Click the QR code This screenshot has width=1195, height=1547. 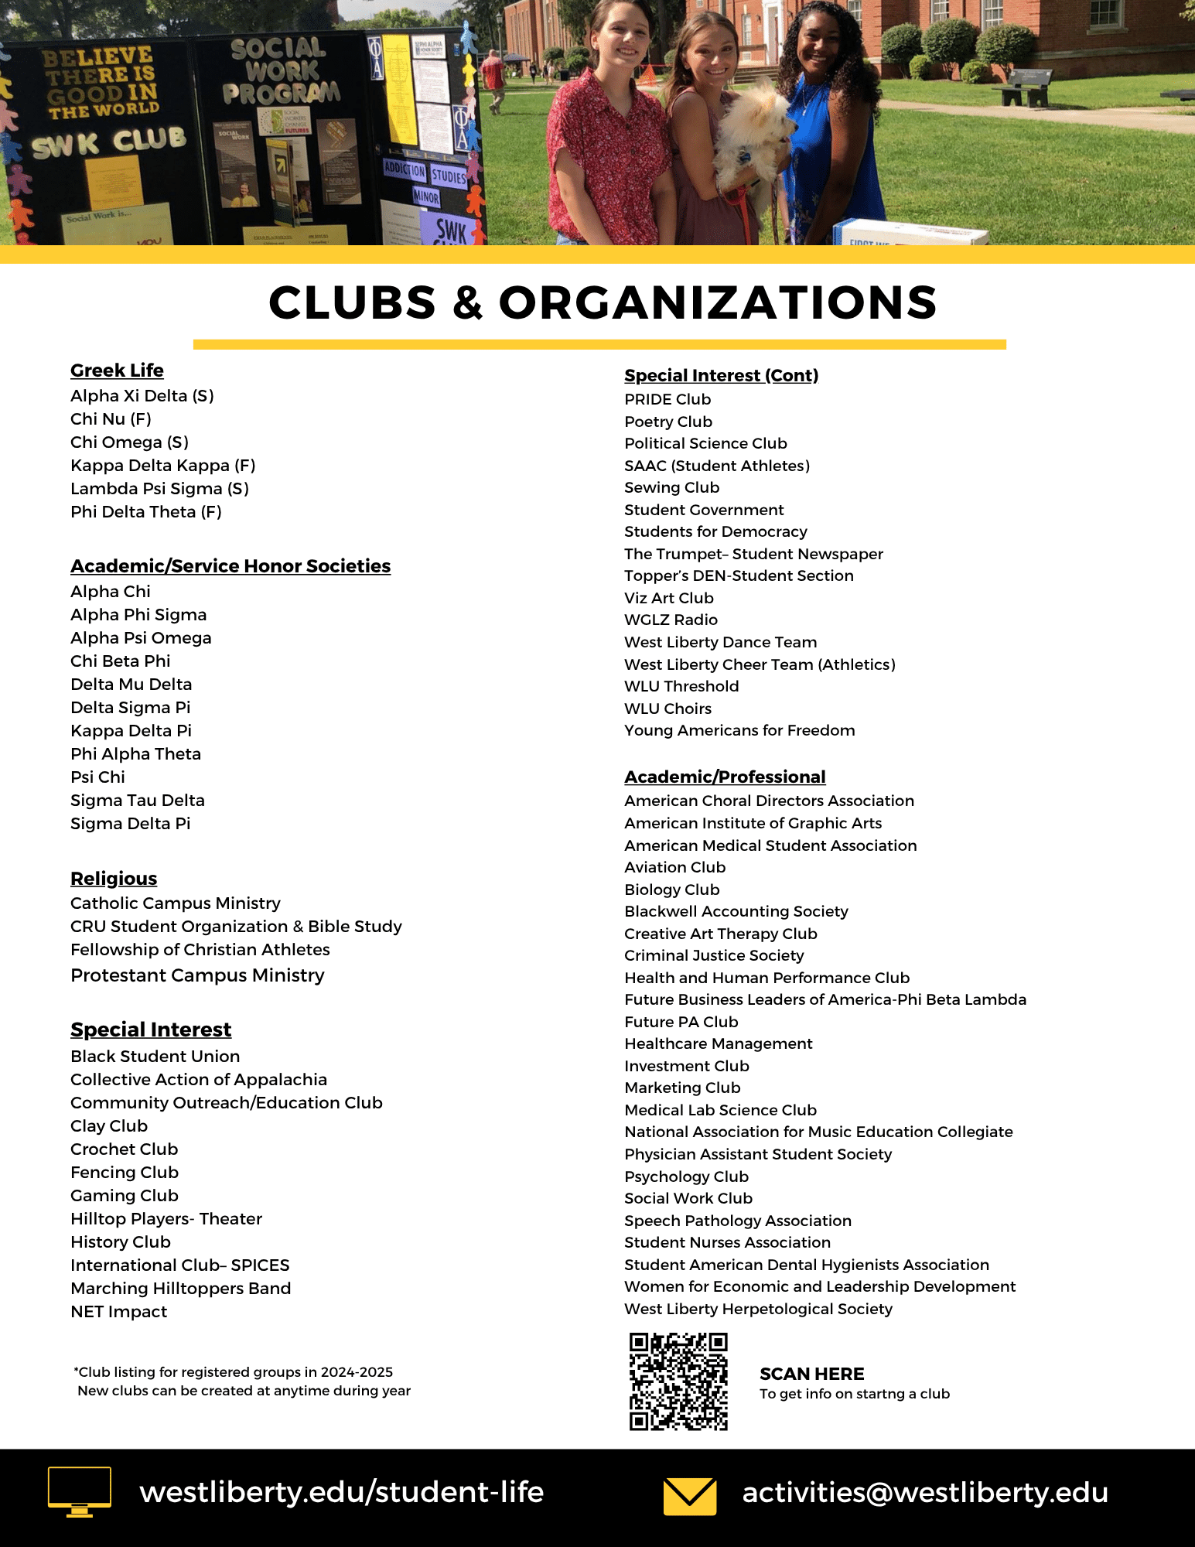(678, 1381)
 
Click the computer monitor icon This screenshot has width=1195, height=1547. (79, 1491)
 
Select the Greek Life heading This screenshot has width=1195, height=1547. (117, 371)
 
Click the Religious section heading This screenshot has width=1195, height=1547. (114, 879)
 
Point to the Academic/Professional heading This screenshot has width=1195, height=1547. (725, 777)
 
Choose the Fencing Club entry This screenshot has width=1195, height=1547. (125, 1173)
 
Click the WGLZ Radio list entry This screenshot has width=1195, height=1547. (671, 620)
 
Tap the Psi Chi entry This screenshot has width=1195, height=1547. (97, 777)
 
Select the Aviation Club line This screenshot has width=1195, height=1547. (674, 867)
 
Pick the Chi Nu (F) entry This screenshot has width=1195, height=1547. (111, 419)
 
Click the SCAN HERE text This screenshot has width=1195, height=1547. (811, 1374)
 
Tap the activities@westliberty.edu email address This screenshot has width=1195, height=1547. (925, 1492)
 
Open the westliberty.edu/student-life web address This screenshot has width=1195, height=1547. (341, 1492)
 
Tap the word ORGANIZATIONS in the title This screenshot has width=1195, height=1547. (718, 302)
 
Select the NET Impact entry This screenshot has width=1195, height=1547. (118, 1312)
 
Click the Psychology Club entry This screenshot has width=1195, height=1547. (686, 1176)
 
